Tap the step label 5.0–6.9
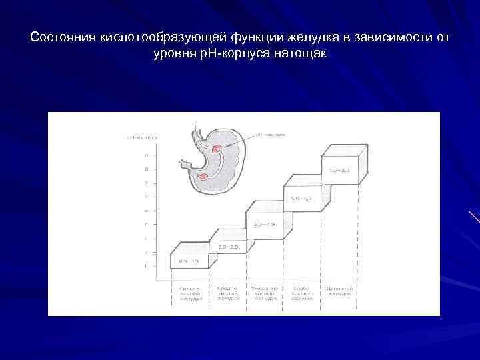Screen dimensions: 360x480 (300, 198)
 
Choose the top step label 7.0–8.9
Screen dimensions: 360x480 (339, 171)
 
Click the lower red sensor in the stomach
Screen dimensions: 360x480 (203, 176)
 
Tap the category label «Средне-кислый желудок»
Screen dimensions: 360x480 (225, 294)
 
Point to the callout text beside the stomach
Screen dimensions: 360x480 (273, 134)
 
